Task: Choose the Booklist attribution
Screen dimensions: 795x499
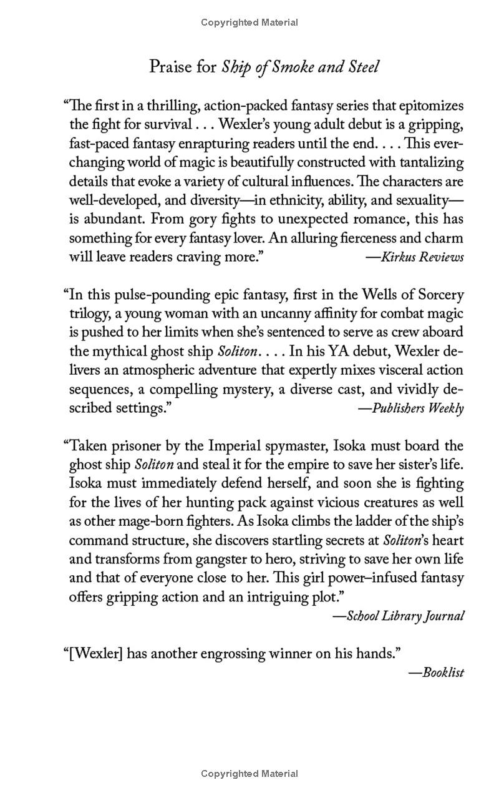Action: coord(442,673)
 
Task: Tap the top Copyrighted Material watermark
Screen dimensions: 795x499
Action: coord(249,22)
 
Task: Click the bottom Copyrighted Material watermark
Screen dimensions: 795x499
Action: coord(249,774)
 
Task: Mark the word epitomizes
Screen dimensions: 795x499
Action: coord(431,106)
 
